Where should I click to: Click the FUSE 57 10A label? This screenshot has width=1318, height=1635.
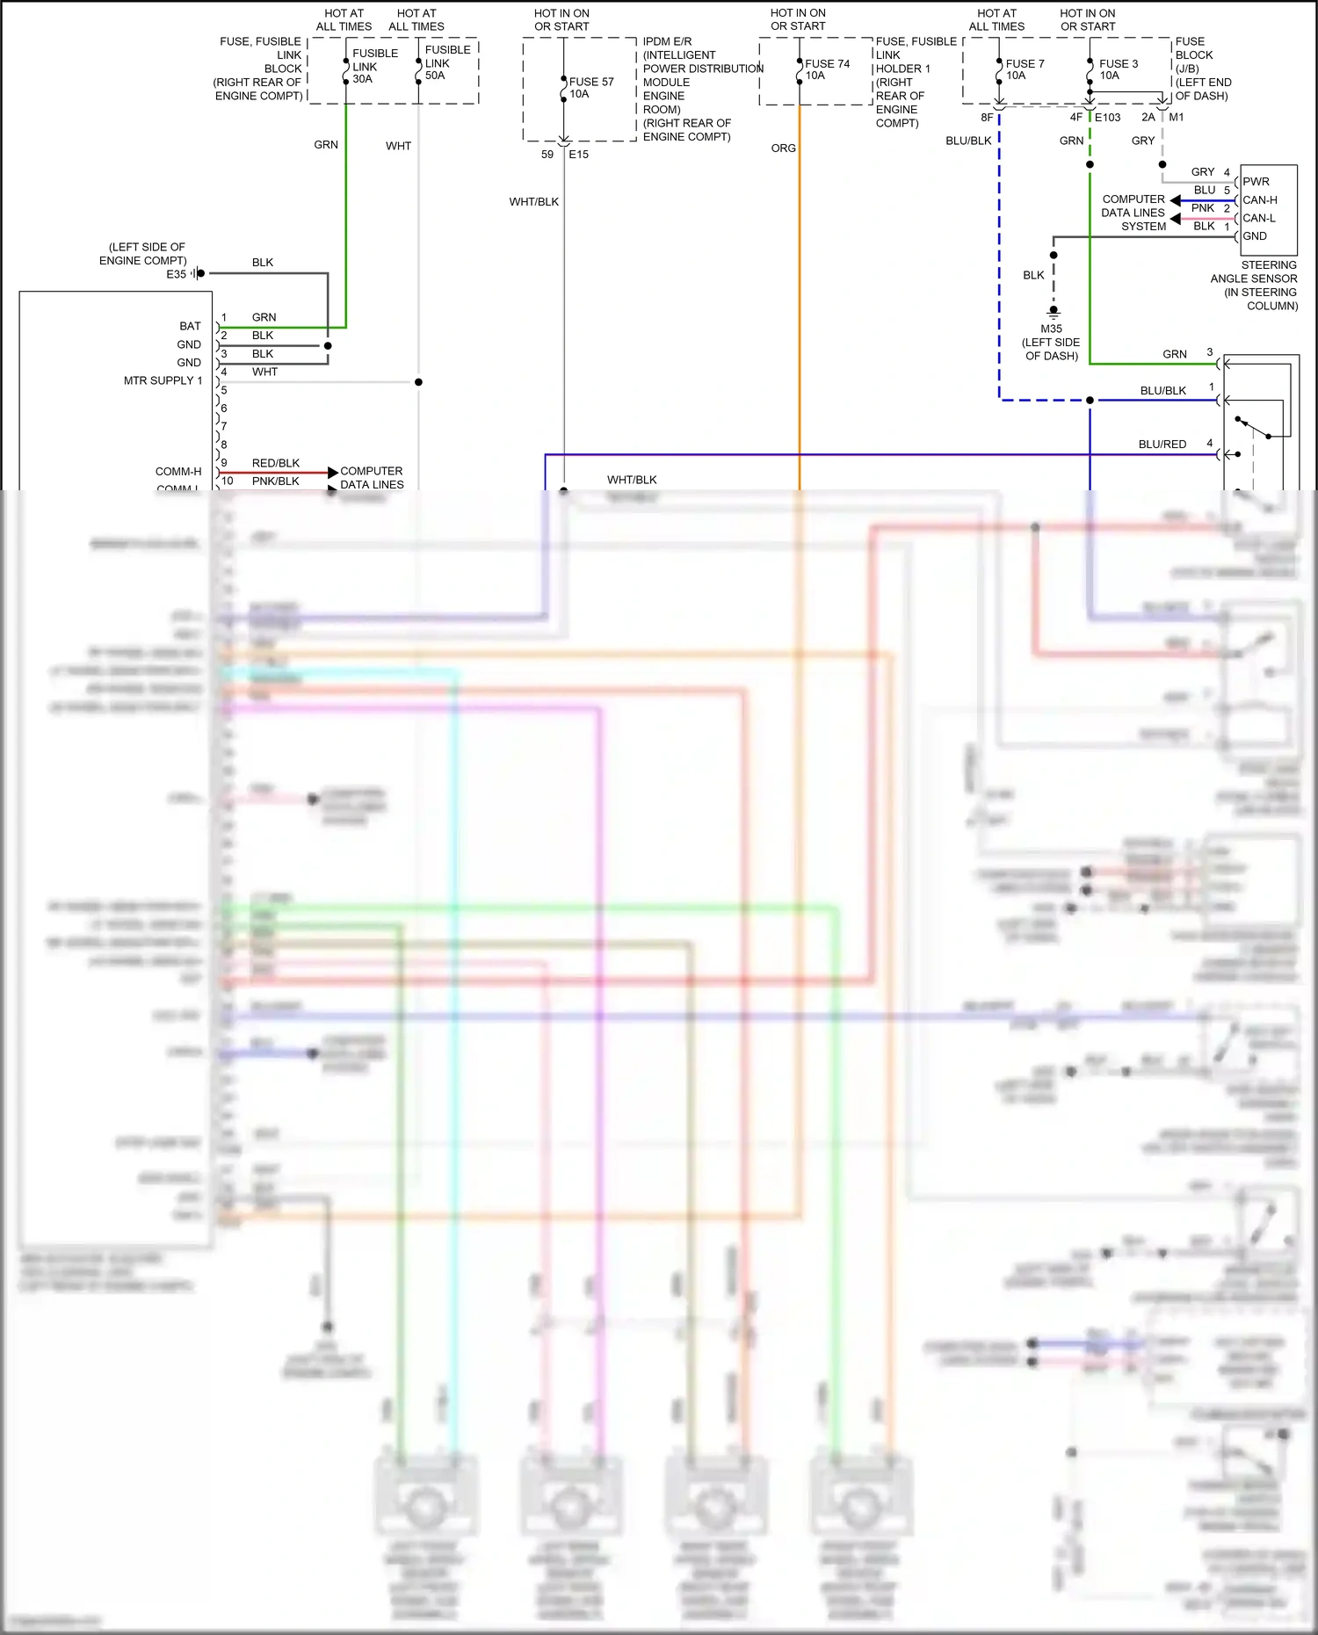click(x=590, y=88)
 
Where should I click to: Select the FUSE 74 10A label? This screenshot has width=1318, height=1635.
click(x=826, y=69)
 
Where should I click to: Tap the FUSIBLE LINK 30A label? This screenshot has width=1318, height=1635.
click(x=374, y=66)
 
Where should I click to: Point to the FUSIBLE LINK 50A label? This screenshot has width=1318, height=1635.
click(x=447, y=62)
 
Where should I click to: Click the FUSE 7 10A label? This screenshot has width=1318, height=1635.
click(x=1024, y=69)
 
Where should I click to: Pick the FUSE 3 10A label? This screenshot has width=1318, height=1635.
click(x=1118, y=69)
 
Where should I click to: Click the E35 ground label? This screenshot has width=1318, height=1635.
click(x=176, y=274)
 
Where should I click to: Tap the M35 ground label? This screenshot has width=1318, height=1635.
click(x=1051, y=329)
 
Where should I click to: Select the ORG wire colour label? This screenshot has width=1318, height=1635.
click(x=783, y=148)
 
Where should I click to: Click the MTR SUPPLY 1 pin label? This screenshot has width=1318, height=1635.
click(x=163, y=380)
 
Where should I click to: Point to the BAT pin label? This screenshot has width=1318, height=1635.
click(x=190, y=326)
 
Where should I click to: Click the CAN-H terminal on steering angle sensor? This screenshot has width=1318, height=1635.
click(x=1259, y=200)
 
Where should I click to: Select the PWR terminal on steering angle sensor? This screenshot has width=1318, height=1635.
click(x=1256, y=182)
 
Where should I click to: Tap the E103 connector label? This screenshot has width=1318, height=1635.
click(x=1107, y=118)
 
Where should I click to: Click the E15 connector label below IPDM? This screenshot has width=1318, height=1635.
click(x=578, y=155)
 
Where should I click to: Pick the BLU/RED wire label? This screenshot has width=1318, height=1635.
click(x=1162, y=445)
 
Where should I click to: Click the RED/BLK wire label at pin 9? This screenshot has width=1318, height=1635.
click(x=275, y=463)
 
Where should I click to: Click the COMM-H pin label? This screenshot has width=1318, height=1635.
click(x=178, y=472)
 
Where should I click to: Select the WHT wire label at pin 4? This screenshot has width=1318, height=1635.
click(x=264, y=373)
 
